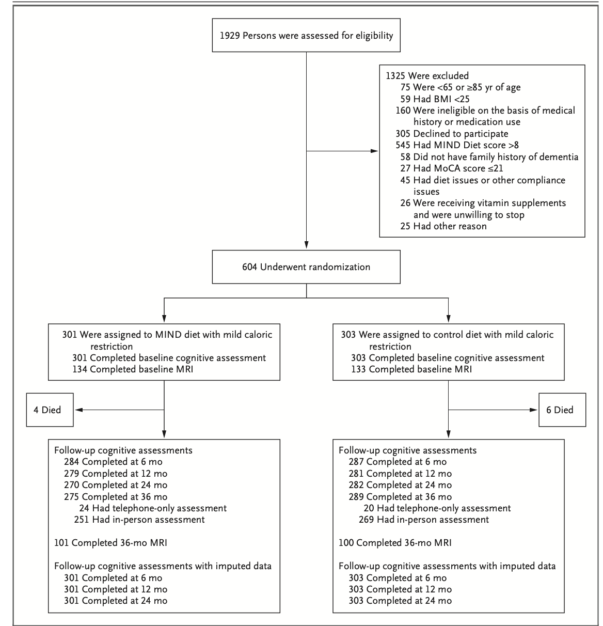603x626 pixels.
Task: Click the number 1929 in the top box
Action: pos(230,36)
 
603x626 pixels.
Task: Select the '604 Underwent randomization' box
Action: pos(306,267)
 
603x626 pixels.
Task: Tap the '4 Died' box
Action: pos(50,410)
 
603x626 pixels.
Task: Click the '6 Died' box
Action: pos(562,410)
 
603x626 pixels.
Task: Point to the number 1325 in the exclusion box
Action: pos(395,76)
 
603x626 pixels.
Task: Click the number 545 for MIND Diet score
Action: pos(403,145)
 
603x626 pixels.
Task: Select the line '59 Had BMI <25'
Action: pos(435,99)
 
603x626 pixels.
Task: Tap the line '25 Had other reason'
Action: pos(443,226)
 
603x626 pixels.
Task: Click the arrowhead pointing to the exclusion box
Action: pos(374,151)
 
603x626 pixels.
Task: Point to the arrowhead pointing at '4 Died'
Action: pos(79,410)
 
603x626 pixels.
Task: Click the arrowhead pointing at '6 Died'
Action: pos(533,410)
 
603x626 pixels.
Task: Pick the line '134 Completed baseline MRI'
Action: pos(133,369)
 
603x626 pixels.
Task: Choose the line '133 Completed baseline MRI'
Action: pos(411,369)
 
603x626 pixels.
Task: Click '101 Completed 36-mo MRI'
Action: pos(110,543)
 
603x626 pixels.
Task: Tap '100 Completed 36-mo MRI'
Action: pos(395,543)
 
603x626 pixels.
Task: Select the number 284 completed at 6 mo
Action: pos(71,462)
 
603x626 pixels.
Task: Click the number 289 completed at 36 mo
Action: pos(356,497)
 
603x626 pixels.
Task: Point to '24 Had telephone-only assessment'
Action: pos(153,508)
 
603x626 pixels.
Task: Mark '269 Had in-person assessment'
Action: pos(424,520)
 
